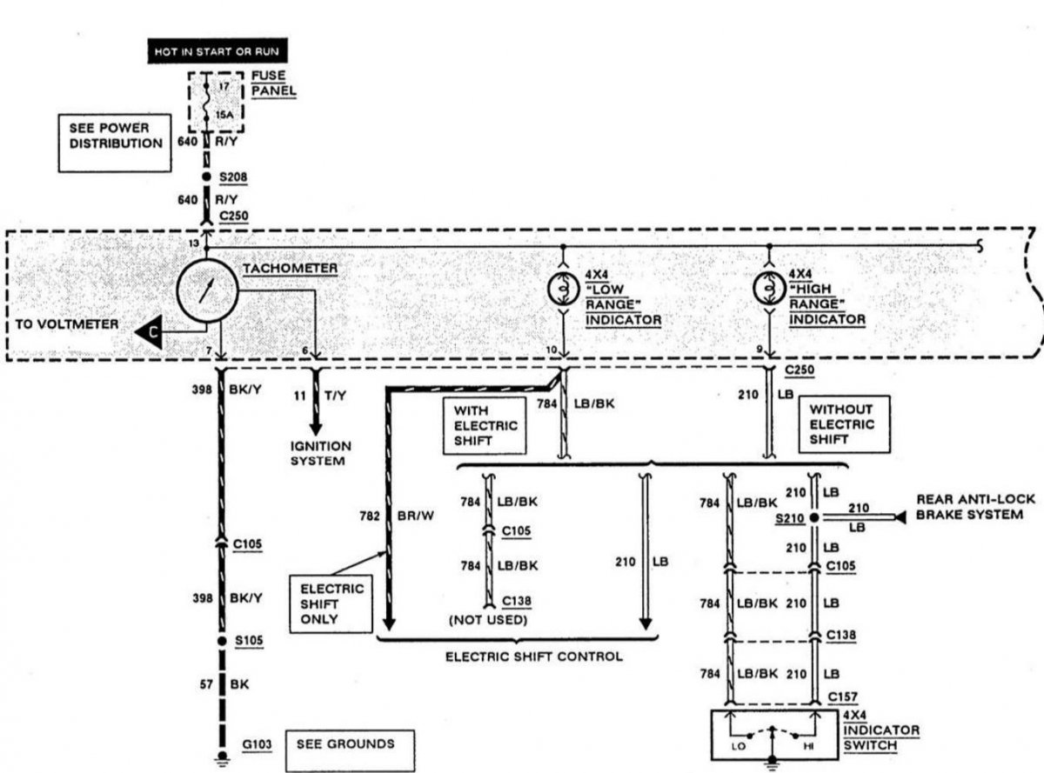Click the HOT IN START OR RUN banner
tap(217, 50)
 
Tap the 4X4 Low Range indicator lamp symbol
tap(564, 289)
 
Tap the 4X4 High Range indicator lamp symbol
tap(769, 288)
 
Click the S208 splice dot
tap(206, 177)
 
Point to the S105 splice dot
tap(222, 640)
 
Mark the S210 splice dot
tap(813, 517)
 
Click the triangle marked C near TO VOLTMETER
tap(150, 331)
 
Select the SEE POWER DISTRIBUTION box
tap(115, 143)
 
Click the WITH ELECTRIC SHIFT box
tap(485, 425)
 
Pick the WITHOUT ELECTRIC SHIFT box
tap(844, 424)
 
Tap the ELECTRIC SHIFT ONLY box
tap(331, 603)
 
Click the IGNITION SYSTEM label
tap(320, 453)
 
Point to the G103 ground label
tap(257, 744)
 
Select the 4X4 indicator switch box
tap(774, 735)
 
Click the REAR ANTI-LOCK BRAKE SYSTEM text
tap(975, 507)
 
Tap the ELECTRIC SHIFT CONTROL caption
tap(534, 656)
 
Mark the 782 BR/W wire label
tap(397, 516)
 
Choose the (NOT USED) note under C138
tap(488, 620)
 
